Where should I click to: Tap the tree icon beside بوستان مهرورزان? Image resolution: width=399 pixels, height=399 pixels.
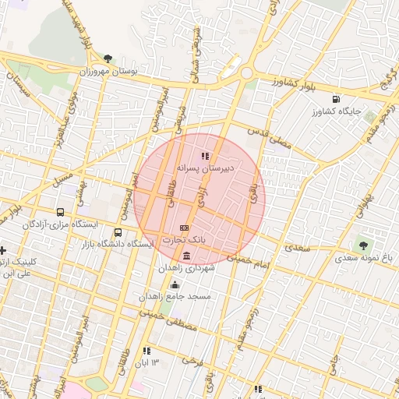(108, 58)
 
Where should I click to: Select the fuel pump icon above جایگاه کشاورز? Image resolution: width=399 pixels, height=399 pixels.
(336, 99)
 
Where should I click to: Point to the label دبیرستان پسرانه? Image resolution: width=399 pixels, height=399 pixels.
(206, 168)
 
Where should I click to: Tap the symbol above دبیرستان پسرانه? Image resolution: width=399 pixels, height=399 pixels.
(206, 156)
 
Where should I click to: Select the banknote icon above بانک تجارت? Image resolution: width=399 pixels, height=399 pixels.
(184, 228)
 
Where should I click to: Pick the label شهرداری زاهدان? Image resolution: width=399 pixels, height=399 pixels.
(186, 267)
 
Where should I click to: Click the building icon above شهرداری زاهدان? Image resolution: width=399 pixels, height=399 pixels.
(185, 256)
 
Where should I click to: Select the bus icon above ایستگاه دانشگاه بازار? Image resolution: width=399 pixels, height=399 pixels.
(118, 232)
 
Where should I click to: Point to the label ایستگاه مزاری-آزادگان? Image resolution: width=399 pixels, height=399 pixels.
(60, 224)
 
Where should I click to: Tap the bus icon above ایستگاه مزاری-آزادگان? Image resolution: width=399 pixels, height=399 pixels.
(61, 212)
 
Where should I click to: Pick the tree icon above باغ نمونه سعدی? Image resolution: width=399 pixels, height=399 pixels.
(364, 245)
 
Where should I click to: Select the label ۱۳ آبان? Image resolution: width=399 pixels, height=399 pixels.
(150, 363)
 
